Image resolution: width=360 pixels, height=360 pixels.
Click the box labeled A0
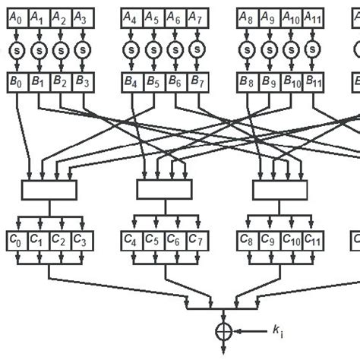coord(16,16)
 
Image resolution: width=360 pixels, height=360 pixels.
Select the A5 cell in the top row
coord(153,16)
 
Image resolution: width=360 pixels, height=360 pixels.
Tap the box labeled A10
coord(289,16)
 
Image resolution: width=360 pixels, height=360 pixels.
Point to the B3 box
coord(82,81)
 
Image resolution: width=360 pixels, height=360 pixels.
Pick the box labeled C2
coord(60,242)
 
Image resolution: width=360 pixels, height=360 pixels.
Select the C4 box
coord(131,242)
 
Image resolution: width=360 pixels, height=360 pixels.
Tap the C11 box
coord(312,242)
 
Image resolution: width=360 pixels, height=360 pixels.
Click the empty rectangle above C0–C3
coord(49,189)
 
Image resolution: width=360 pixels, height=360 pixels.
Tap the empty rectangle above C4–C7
coord(164,189)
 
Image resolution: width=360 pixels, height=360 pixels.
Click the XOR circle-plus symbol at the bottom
coord(224,332)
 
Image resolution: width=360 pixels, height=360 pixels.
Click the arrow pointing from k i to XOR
coord(247,332)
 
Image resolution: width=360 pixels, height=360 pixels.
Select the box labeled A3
coord(82,16)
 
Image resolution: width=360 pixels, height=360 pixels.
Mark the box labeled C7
coord(196,242)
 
